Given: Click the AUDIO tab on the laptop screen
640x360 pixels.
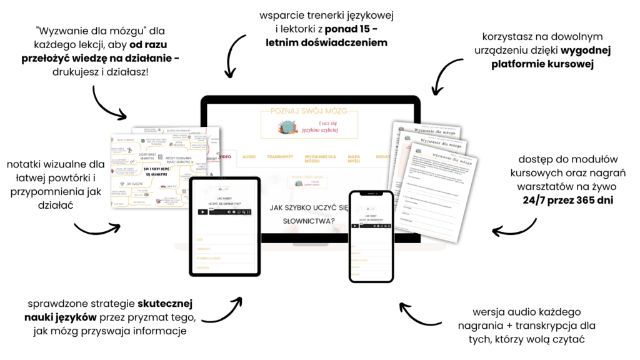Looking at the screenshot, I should coord(249,156).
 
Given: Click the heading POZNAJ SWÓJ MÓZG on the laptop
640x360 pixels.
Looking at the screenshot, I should coord(311,111).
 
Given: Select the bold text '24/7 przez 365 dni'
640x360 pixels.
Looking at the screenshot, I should coord(560,201).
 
